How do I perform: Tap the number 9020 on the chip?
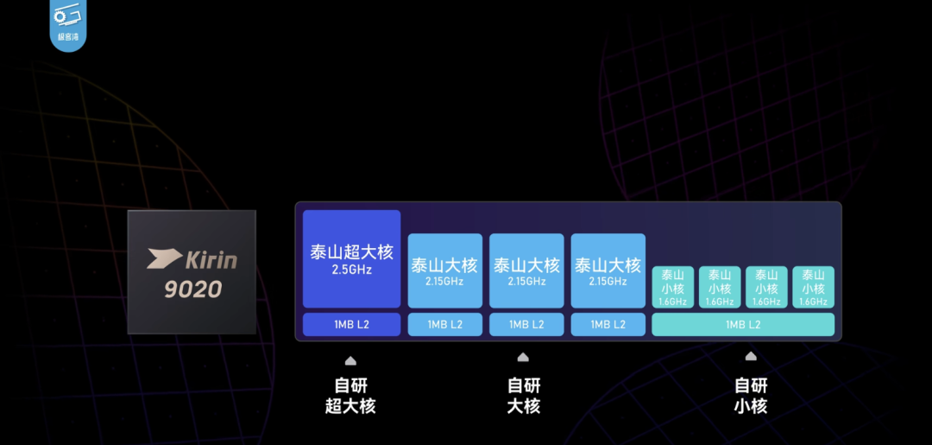(193, 289)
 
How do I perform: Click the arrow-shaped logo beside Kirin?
(164, 257)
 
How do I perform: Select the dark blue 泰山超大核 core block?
(351, 258)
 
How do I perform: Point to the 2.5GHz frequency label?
(351, 270)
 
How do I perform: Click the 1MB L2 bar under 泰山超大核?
(351, 324)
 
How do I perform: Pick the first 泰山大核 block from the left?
(444, 270)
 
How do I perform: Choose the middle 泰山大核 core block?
(526, 270)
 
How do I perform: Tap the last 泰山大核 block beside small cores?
(608, 270)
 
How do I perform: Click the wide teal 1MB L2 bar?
(743, 324)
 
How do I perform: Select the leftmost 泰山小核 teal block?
(672, 287)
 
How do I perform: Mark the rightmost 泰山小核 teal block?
(813, 287)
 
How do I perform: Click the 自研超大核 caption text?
(350, 396)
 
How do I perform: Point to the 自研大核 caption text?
(523, 396)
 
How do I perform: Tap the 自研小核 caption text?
(751, 396)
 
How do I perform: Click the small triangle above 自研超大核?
(350, 360)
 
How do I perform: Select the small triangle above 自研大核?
(523, 357)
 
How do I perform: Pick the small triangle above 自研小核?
(751, 356)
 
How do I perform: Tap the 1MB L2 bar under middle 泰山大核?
(526, 324)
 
